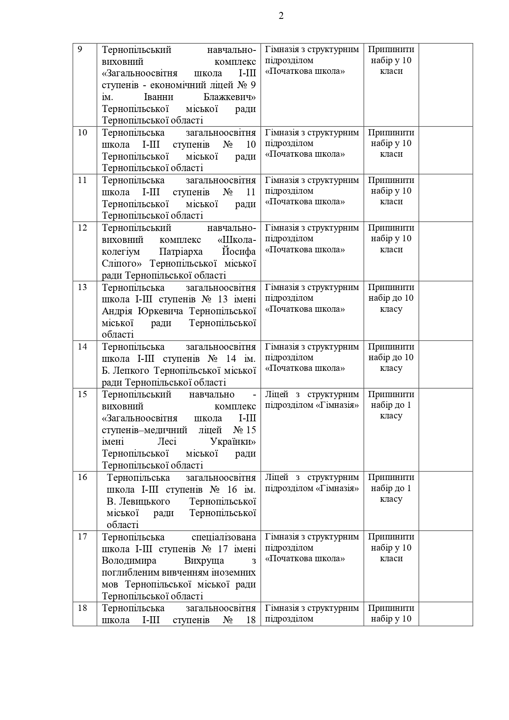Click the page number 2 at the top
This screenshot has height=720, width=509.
pyautogui.click(x=281, y=16)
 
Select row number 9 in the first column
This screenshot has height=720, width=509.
pyautogui.click(x=80, y=50)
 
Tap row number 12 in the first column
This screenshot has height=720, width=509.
pyautogui.click(x=83, y=228)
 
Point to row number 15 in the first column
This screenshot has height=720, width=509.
pyautogui.click(x=83, y=394)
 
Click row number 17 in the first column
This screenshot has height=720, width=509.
pyautogui.click(x=83, y=537)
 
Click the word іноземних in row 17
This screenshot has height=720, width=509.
pyautogui.click(x=236, y=572)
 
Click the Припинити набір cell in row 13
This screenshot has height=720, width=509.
pyautogui.click(x=391, y=298)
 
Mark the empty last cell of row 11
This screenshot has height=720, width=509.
pyautogui.click(x=445, y=198)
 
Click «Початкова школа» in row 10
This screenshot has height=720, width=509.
pyautogui.click(x=305, y=154)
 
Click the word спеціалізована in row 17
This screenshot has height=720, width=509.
pyautogui.click(x=224, y=537)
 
